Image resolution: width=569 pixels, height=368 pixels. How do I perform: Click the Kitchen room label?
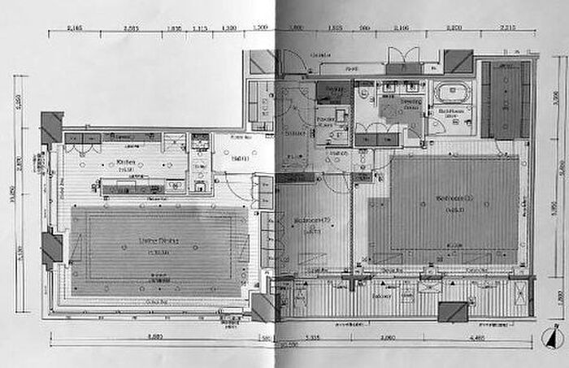126,162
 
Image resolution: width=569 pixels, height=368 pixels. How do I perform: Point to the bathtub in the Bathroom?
447,90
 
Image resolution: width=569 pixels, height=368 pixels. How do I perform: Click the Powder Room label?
327,119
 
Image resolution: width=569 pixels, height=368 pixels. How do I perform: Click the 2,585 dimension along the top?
133,28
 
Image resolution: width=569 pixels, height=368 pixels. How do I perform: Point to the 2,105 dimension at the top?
401,28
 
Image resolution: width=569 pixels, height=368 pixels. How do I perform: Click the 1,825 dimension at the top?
333,28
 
